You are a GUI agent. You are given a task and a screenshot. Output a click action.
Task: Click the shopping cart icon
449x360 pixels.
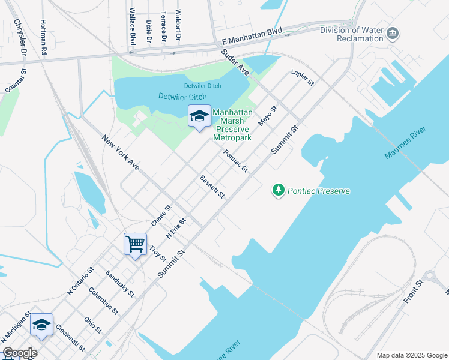[x=135, y=244]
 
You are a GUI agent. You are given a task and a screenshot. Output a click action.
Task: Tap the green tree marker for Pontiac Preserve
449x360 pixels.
[x=278, y=190]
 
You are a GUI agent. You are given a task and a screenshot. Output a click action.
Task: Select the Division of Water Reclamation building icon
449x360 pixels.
[x=393, y=32]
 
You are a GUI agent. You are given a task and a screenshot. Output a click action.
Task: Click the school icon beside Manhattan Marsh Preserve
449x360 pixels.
[x=199, y=116]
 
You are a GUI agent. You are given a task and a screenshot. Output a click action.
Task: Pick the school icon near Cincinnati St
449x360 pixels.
[x=41, y=324]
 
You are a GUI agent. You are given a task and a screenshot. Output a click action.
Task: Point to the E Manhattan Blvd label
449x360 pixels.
[x=252, y=35]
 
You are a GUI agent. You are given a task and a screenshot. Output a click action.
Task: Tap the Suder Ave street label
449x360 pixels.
[x=235, y=62]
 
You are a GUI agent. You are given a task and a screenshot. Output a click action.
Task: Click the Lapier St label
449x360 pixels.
[x=302, y=77]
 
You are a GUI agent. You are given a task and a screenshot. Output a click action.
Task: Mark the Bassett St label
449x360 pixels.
[x=212, y=187]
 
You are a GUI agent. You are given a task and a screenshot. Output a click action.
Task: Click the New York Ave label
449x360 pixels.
[x=121, y=152]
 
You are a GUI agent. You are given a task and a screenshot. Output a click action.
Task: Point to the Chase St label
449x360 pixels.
[x=161, y=215]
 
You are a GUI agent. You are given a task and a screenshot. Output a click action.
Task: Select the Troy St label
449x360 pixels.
[x=158, y=253]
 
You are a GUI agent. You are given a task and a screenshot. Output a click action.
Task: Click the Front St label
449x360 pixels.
[x=414, y=290]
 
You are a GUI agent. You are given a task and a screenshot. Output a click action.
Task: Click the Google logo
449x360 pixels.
[x=19, y=353]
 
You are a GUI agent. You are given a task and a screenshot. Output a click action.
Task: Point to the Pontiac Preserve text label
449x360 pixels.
[x=319, y=191]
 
